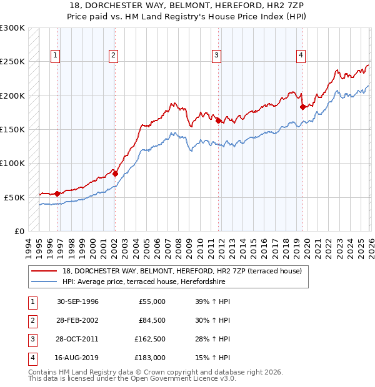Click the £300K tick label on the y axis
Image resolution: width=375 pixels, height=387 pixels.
(x=12, y=28)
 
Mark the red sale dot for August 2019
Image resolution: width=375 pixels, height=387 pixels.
(x=302, y=107)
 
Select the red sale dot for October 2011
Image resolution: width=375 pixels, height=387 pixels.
(x=218, y=121)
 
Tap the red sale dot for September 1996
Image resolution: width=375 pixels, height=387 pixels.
(x=57, y=193)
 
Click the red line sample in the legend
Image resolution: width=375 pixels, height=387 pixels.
(x=44, y=271)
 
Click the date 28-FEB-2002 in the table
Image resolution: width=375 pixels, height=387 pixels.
(x=77, y=320)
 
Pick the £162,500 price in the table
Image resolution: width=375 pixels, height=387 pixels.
(x=150, y=339)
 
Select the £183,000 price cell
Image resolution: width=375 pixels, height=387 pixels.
(x=150, y=358)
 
